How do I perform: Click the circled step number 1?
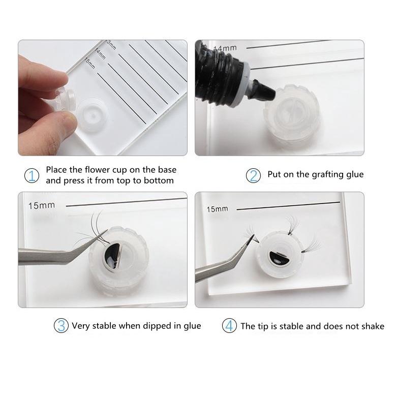coord(32,175)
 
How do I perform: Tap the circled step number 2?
coord(253,175)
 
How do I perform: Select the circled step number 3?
coord(61,326)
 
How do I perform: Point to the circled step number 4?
coord(229,326)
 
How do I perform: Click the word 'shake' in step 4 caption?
coord(373,326)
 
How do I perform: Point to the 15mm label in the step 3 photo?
coord(41,205)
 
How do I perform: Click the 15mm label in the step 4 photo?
coord(217,209)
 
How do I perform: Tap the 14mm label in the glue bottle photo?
coord(225,48)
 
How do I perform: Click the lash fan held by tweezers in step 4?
coord(252,233)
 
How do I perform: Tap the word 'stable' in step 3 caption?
coord(104,326)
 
